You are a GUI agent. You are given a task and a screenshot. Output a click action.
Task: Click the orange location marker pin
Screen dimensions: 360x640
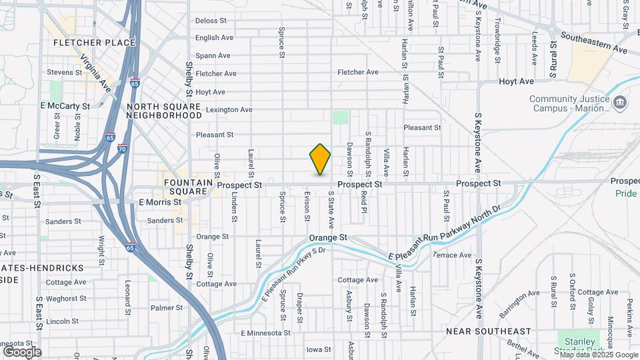[x=320, y=159]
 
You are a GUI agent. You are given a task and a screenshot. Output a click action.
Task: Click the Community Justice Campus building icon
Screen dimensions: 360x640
[x=621, y=102]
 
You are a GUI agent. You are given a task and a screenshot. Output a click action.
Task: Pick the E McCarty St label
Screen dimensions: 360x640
[x=65, y=106]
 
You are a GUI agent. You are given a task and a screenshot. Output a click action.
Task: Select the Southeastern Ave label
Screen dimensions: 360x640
[x=594, y=42]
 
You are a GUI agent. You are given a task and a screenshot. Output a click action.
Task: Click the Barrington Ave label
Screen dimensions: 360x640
[x=519, y=302]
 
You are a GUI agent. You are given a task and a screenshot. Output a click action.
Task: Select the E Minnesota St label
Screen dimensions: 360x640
[x=266, y=333]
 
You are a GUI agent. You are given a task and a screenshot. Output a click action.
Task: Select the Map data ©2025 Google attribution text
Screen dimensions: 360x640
[x=596, y=355]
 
